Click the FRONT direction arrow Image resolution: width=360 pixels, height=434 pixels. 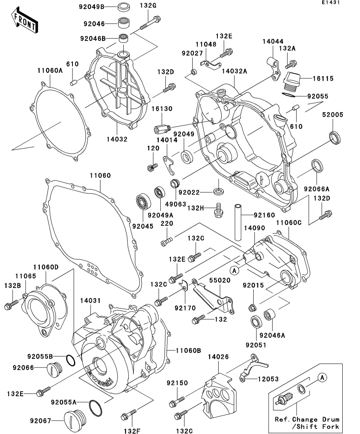[24, 22]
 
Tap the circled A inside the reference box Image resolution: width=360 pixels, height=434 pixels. [322, 378]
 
